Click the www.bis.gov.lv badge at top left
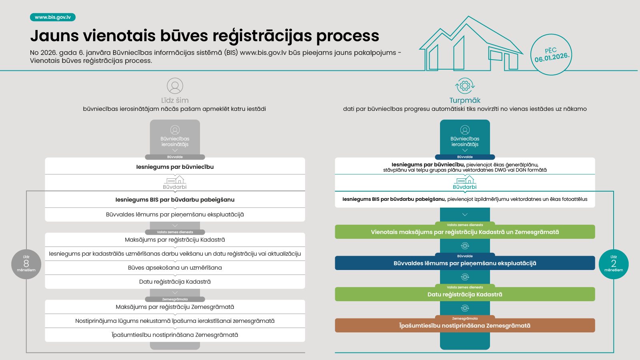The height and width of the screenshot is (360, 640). (x=53, y=17)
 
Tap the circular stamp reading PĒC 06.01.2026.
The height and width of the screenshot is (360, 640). (x=551, y=54)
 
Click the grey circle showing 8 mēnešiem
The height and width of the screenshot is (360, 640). (x=26, y=264)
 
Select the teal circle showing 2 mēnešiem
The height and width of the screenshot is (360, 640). (x=614, y=264)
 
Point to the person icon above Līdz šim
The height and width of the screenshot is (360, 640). (x=175, y=86)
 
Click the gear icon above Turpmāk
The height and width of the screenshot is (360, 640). (x=465, y=86)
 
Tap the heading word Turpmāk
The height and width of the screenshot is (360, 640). (x=465, y=100)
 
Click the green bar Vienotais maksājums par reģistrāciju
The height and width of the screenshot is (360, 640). (x=465, y=232)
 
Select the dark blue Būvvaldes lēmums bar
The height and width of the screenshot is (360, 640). (x=465, y=263)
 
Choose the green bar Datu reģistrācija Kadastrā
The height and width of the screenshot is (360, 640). (x=465, y=294)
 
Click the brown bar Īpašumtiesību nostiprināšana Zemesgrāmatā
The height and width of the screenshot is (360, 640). (x=465, y=326)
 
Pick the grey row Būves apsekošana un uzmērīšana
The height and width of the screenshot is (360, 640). (x=175, y=268)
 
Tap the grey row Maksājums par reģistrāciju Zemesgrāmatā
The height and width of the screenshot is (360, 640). (x=175, y=307)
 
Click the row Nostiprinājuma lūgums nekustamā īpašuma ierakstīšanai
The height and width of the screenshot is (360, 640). (x=175, y=321)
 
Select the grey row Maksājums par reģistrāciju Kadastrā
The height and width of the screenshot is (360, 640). (x=175, y=240)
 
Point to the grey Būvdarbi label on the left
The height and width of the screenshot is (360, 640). (x=175, y=187)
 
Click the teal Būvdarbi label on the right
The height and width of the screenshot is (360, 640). (x=465, y=187)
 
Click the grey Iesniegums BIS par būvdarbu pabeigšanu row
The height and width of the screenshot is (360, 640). (x=175, y=200)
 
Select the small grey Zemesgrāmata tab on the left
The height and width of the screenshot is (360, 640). (x=175, y=299)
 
